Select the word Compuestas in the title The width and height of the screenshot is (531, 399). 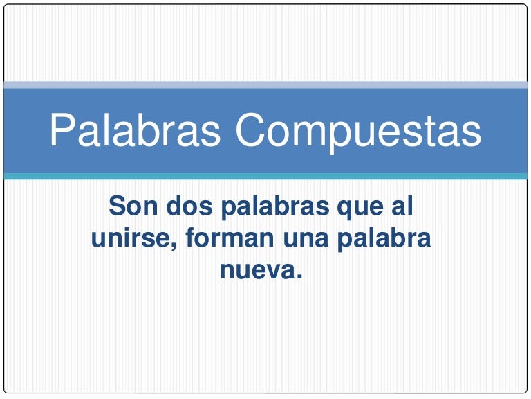357,130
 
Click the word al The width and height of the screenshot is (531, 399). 404,206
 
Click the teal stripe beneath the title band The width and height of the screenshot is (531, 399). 265,177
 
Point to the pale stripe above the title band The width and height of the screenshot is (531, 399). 265,85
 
